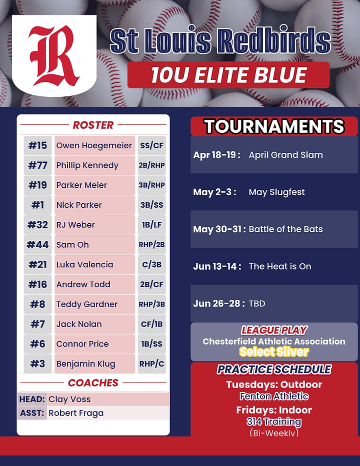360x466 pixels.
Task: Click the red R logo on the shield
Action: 53,55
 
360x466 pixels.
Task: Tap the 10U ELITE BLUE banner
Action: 228,75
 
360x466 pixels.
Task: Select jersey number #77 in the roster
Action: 37,165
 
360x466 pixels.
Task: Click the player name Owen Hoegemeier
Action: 94,145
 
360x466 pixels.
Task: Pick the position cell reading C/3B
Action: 151,265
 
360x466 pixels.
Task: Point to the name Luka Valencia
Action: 84,265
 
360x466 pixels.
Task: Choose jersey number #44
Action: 37,245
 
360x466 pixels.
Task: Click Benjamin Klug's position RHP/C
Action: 151,364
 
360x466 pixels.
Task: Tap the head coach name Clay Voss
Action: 69,399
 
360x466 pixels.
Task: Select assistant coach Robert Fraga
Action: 76,413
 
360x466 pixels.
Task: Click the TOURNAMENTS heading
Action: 274,127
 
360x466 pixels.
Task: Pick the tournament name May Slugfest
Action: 276,192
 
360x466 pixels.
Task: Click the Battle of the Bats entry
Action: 285,229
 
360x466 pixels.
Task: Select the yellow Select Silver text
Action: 274,352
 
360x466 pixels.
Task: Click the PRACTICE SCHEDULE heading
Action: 274,370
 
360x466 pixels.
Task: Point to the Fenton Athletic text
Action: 274,397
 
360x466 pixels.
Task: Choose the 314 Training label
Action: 274,422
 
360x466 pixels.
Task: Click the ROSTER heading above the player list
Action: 93,125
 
